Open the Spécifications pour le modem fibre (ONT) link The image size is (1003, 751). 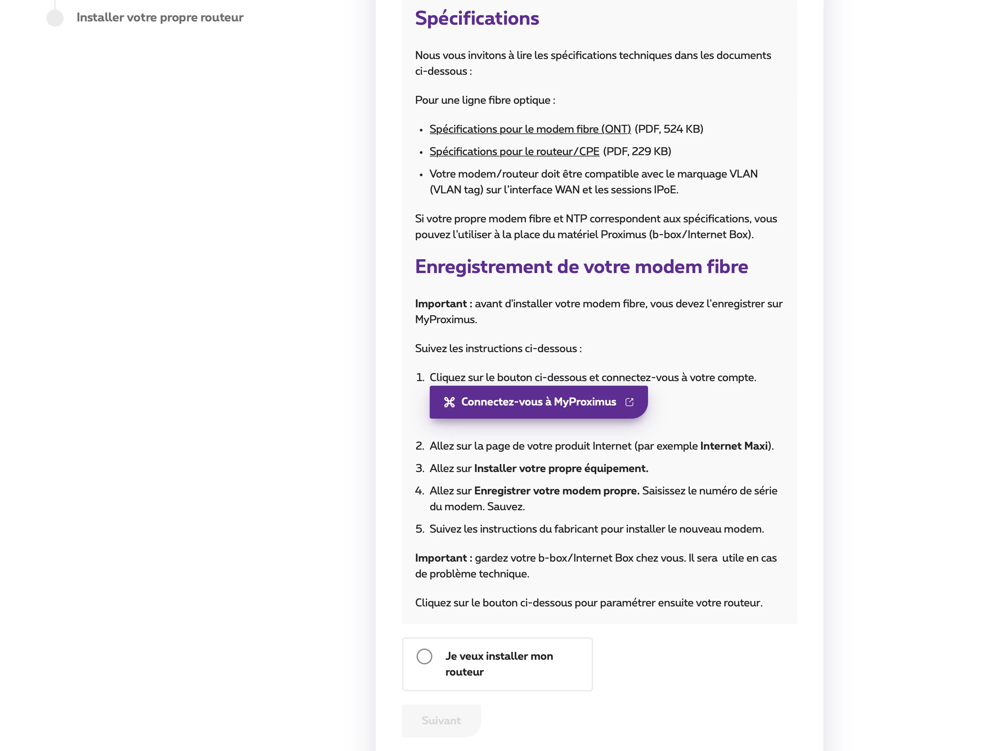tap(529, 129)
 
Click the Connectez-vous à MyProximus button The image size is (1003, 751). tap(538, 402)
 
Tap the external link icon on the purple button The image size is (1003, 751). tap(629, 402)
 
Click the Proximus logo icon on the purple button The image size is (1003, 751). tap(449, 402)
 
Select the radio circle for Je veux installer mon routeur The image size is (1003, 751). tap(424, 656)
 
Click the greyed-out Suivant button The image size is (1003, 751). tap(441, 721)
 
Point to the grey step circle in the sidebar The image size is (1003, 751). tap(55, 18)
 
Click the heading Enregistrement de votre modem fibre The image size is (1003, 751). tap(581, 267)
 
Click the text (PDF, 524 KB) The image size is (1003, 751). tap(669, 129)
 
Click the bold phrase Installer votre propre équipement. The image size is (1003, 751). tap(561, 468)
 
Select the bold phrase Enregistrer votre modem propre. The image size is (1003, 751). tap(556, 491)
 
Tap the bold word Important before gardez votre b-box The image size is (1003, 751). tap(441, 558)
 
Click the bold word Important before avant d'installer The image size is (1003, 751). tap(441, 304)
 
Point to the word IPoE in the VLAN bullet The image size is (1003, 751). tap(665, 190)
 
